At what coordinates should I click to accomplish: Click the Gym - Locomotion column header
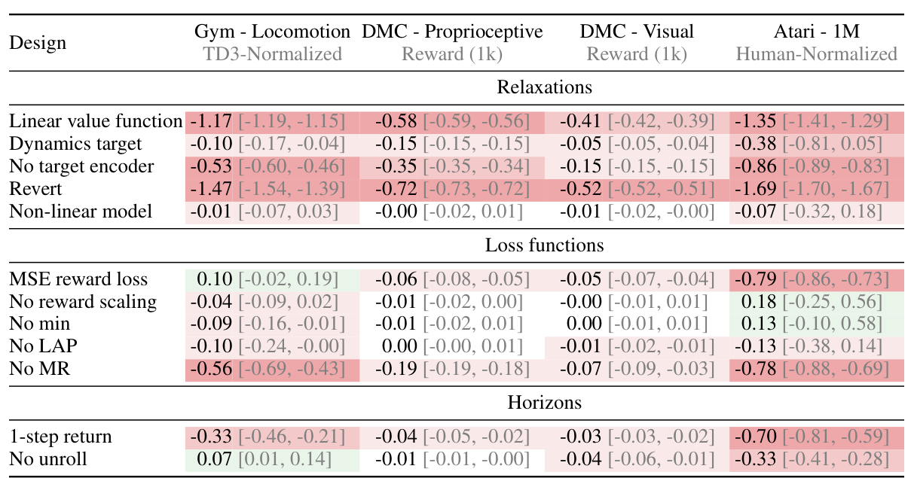272,32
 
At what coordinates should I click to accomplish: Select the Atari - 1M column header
816,32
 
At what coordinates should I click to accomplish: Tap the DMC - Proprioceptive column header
452,32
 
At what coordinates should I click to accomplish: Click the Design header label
38,43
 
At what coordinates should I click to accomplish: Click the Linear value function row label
96,121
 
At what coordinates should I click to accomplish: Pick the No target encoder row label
81,166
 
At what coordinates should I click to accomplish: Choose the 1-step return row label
60,437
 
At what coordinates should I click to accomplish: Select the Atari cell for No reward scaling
816,302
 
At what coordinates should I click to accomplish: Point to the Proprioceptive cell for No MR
452,370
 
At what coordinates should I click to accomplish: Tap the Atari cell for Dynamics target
816,144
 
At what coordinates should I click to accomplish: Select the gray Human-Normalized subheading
816,54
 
